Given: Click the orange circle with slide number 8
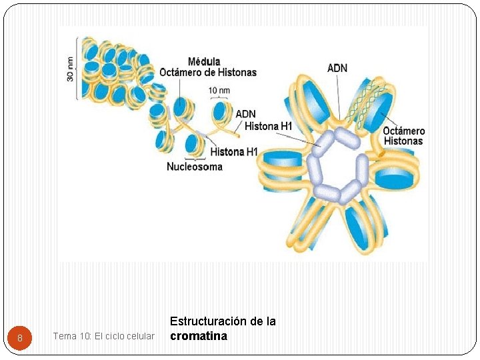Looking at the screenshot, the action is [20, 338].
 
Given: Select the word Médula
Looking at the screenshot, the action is [205, 62].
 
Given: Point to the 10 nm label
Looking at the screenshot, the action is [220, 90].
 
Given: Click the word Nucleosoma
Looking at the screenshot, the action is [195, 167].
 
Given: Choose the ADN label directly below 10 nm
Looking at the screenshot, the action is [245, 114].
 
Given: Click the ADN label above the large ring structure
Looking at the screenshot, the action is [337, 68].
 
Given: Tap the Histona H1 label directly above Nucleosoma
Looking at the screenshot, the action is [233, 152].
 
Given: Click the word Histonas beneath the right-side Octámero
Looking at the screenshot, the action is [403, 141].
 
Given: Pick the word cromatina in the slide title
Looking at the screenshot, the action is [199, 336].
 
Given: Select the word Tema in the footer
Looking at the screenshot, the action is [64, 336].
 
